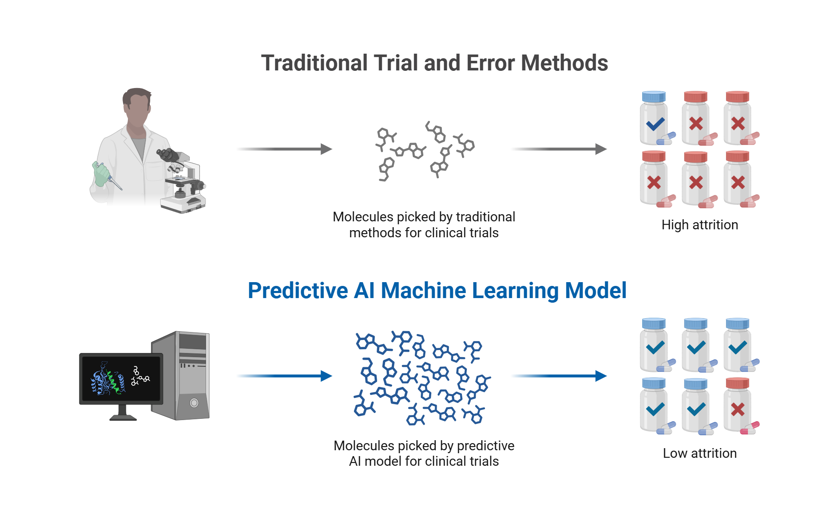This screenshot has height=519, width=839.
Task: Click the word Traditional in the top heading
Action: (x=314, y=63)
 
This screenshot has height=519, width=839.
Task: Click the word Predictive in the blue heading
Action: (x=298, y=291)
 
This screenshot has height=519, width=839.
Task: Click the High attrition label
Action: (x=700, y=225)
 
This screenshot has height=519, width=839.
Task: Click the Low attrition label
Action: (x=700, y=454)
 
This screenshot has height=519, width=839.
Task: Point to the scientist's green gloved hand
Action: (x=100, y=174)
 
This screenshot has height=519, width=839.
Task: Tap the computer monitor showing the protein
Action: (x=121, y=379)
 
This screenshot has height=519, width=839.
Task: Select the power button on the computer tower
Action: (x=194, y=403)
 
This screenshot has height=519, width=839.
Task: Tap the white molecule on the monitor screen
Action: (x=140, y=377)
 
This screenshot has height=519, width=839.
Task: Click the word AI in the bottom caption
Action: (x=354, y=462)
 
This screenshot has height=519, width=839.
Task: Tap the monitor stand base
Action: (x=123, y=418)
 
